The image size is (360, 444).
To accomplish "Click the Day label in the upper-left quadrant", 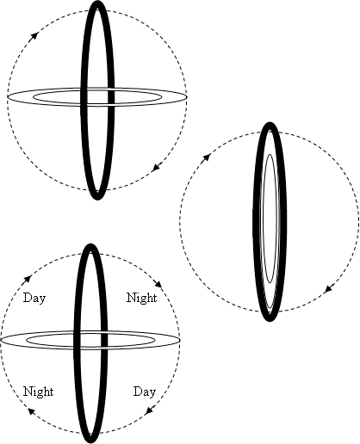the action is [x=34, y=299].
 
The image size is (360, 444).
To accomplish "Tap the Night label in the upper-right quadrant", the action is [x=142, y=298].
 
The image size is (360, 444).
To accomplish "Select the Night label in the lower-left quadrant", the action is [x=38, y=392].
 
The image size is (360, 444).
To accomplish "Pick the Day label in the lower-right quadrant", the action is [x=145, y=392].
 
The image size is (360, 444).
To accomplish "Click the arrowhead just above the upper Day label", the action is [x=28, y=279].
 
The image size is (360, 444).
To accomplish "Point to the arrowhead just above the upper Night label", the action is [x=158, y=284].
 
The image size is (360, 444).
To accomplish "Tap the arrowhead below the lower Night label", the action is [x=31, y=412].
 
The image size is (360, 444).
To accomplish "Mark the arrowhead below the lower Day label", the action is [x=149, y=410].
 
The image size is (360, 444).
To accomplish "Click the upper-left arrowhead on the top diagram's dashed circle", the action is [x=34, y=35].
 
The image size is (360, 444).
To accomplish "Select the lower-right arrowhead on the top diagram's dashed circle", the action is [x=156, y=168].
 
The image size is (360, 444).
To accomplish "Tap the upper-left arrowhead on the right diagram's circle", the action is [x=208, y=157].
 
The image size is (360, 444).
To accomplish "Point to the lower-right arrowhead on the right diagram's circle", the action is [x=328, y=289].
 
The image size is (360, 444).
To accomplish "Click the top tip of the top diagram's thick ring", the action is [x=98, y=1].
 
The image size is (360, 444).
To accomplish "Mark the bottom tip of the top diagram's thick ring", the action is [x=97, y=200].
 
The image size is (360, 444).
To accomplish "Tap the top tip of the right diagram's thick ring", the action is [x=270, y=122].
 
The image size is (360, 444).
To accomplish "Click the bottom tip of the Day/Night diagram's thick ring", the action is [x=90, y=443].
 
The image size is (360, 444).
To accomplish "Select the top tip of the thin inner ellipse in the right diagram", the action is [x=270, y=154].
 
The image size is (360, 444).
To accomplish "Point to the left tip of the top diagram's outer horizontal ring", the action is [x=8, y=97].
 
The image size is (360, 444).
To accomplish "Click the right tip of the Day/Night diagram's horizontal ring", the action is [x=180, y=340].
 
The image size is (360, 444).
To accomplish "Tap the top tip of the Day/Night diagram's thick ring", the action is [x=90, y=244].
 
